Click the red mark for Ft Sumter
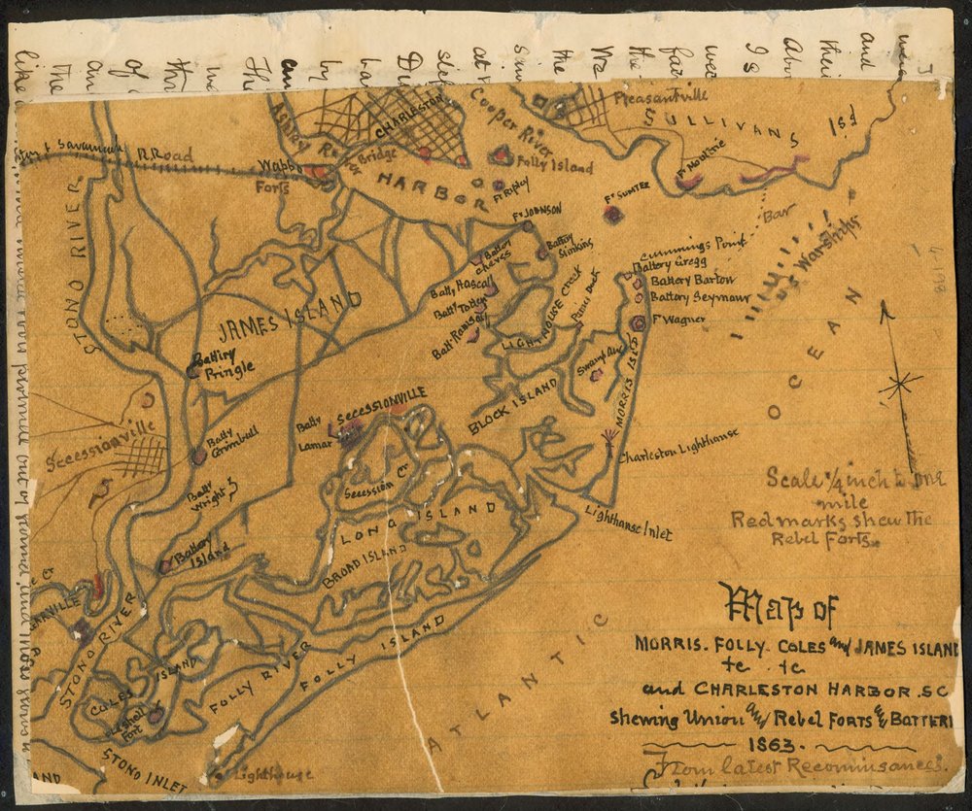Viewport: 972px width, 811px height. tap(612, 215)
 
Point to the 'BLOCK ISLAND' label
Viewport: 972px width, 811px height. tap(514, 404)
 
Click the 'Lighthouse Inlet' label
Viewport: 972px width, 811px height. tap(629, 519)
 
